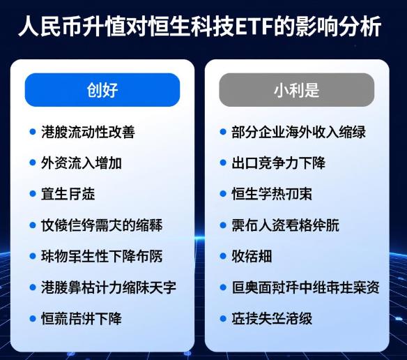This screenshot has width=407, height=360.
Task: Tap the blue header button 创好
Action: click(102, 90)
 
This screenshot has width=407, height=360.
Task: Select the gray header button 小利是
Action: click(296, 90)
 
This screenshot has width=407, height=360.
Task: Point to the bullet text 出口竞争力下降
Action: click(278, 163)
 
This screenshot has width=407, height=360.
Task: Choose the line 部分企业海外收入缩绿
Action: click(298, 131)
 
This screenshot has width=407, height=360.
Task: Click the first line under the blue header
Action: click(88, 131)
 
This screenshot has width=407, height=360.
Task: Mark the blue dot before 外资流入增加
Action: click(33, 163)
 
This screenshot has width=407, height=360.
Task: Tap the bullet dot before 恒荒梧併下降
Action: click(33, 318)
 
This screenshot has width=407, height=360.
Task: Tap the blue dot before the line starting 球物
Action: click(33, 256)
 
